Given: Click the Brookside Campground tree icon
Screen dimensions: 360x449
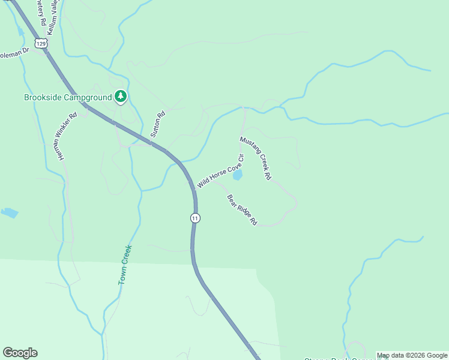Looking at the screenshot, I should (x=121, y=96).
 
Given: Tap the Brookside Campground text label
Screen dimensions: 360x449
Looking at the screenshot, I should (x=68, y=97).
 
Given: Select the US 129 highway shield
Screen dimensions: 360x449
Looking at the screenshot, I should (x=41, y=43).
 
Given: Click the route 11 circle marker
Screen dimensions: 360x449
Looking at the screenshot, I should (x=195, y=218).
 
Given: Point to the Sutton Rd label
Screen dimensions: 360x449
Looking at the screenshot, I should (x=158, y=125).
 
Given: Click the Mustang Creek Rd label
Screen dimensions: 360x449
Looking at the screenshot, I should (x=256, y=158).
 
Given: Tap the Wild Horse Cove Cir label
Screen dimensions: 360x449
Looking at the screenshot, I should (x=220, y=174).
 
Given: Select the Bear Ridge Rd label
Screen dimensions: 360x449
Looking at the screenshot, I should (x=242, y=210).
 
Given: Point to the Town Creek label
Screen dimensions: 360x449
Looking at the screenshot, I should (x=125, y=264).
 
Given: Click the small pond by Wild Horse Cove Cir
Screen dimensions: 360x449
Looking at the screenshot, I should (x=238, y=175).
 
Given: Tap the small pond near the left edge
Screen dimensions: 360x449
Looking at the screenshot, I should (x=9, y=212).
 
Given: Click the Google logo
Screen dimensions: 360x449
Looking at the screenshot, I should (x=20, y=353).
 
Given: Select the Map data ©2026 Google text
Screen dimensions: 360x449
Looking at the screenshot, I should (x=412, y=356).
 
